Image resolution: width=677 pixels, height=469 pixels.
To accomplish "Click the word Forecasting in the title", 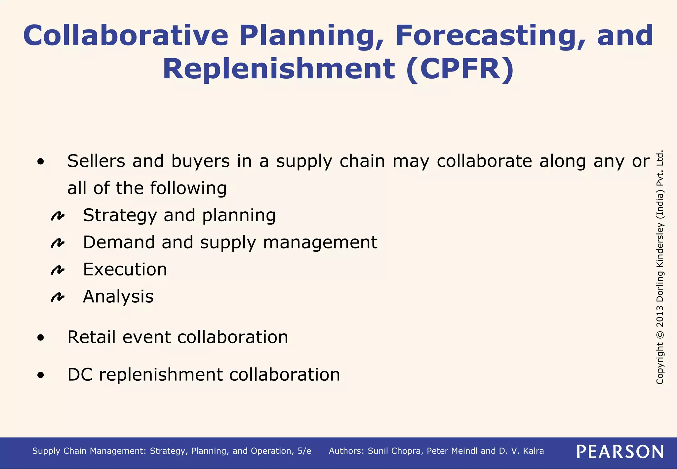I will [x=486, y=36].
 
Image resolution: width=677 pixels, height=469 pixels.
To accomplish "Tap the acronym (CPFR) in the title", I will [x=460, y=69].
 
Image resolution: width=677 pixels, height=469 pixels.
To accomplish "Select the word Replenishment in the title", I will [x=279, y=69].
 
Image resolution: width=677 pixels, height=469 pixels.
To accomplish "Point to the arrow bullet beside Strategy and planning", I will [x=58, y=216].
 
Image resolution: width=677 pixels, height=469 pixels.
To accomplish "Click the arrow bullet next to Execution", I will [x=58, y=270].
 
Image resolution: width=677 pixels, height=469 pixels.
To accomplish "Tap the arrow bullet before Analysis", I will [x=58, y=297].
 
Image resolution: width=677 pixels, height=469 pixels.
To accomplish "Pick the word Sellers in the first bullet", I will [x=96, y=161].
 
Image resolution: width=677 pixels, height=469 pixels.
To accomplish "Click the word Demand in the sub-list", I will [x=119, y=242].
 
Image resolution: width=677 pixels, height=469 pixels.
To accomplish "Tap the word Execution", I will [x=125, y=270].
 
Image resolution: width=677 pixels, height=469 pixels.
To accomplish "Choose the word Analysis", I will [x=118, y=297].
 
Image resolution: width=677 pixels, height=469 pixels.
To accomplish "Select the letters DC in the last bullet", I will [x=80, y=375].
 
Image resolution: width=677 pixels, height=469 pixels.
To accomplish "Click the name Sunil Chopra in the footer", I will [x=395, y=451].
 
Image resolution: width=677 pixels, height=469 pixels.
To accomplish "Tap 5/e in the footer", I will [x=304, y=451].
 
